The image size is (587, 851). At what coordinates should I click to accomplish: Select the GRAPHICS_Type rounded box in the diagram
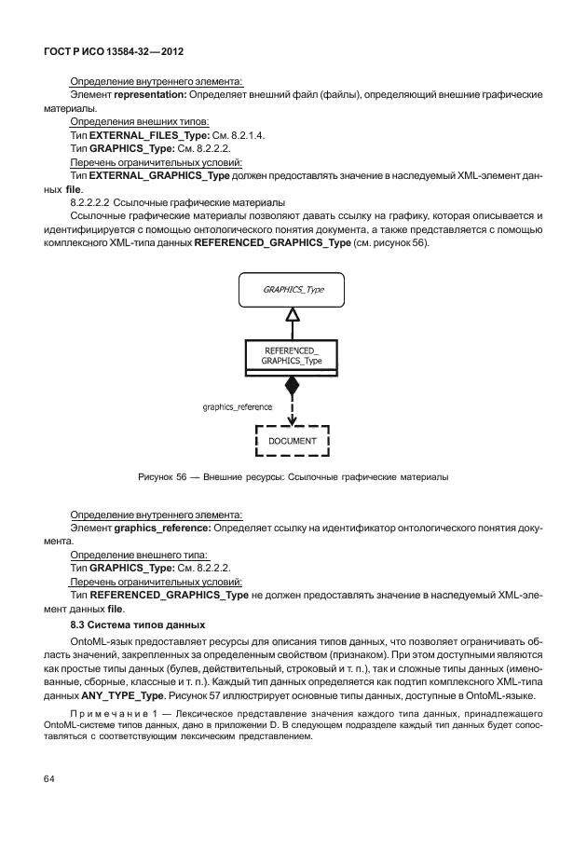[x=293, y=290]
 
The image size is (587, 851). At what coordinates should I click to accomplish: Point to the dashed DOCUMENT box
[x=293, y=439]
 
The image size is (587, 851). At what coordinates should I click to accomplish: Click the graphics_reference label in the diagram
[x=237, y=407]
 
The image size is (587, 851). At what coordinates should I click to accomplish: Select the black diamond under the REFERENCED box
[x=293, y=385]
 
